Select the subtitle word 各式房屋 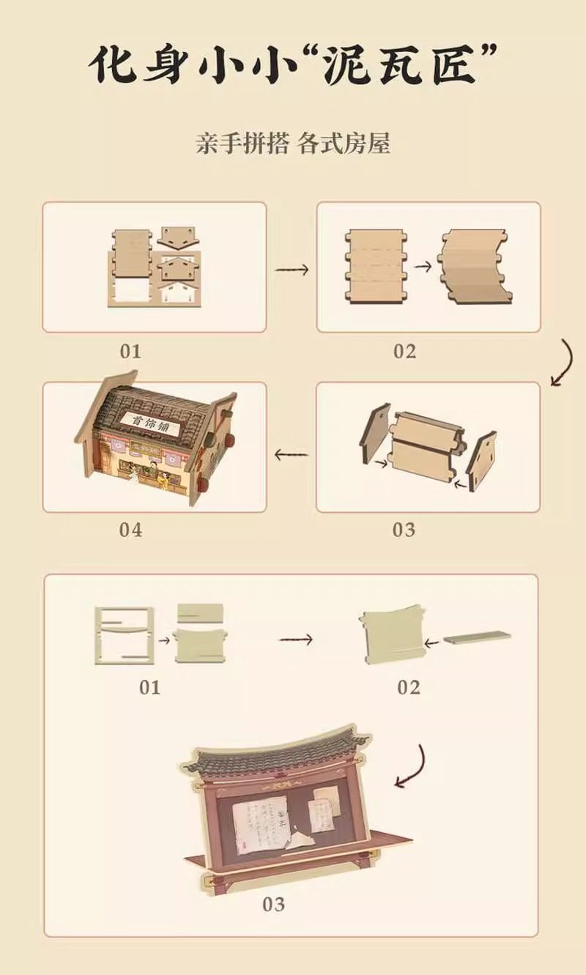coord(344,143)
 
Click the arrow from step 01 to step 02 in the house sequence coord(292,269)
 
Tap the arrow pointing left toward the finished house coord(291,454)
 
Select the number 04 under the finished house coord(130,529)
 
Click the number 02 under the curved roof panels coord(404,351)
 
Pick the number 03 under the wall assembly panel coord(404,529)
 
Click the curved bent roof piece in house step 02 coord(472,267)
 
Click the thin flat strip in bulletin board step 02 coord(477,636)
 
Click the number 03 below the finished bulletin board coord(273,905)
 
